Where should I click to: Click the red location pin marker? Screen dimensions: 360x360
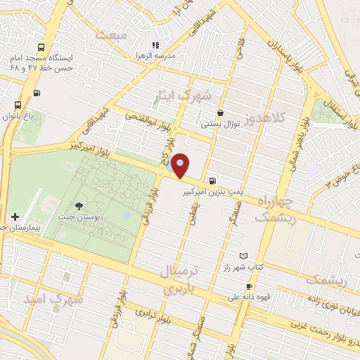pos(181,165)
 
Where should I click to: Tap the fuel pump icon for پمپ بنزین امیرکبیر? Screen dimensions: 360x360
pos(213,179)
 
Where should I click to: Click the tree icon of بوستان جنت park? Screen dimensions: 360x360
pos(79,206)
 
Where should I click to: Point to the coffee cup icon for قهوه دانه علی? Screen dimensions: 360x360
pos(249,286)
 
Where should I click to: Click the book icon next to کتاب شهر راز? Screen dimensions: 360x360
pos(244,256)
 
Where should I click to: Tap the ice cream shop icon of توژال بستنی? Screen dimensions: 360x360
pos(221,112)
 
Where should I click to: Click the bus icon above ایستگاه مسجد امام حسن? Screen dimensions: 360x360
pos(40,46)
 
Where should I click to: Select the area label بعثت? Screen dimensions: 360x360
pos(113,34)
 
